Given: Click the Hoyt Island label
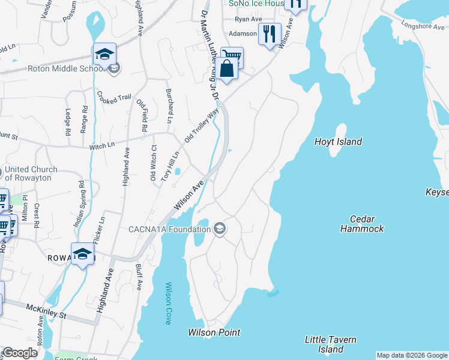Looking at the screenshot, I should (x=338, y=142).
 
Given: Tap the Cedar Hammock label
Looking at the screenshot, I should (x=361, y=224).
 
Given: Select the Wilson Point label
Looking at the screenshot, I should (x=214, y=332).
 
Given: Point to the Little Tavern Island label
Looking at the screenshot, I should (x=331, y=344).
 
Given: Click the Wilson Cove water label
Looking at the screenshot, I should (x=169, y=303).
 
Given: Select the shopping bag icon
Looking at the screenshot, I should (x=228, y=68).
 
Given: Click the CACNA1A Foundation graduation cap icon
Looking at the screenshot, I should (x=220, y=229).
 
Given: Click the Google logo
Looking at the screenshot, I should (x=20, y=353).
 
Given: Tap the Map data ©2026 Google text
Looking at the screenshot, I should (x=412, y=355).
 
